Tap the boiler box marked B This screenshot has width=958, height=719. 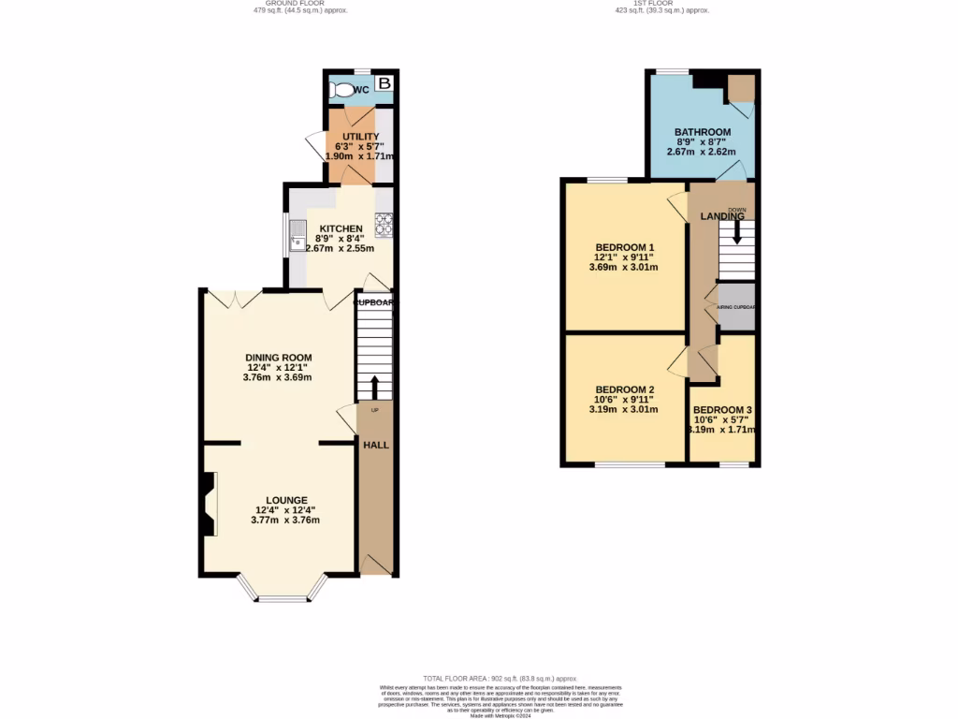[384, 84]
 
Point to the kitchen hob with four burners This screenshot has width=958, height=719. [384, 225]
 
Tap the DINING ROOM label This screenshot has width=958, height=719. [278, 358]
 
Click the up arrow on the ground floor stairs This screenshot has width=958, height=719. [374, 386]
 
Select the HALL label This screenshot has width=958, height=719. [376, 445]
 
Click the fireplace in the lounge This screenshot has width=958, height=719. [208, 504]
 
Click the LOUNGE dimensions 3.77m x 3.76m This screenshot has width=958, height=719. [285, 521]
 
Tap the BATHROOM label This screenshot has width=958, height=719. [702, 132]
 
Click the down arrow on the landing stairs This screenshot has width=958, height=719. [736, 233]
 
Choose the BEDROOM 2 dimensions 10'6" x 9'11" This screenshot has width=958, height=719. [623, 400]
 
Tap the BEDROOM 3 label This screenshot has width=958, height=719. [722, 410]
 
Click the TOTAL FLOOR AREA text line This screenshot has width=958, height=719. [500, 678]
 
